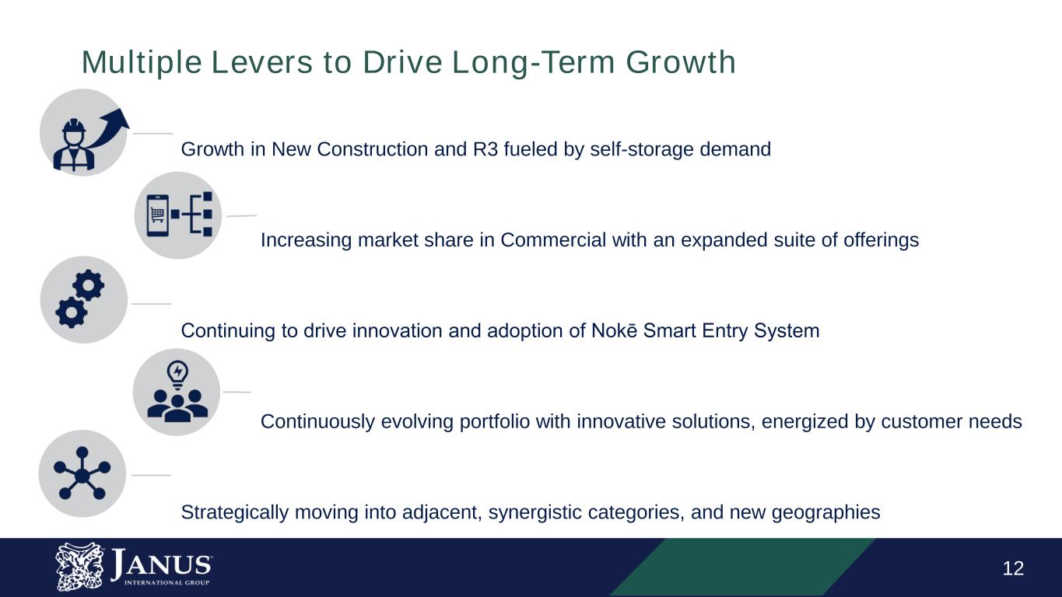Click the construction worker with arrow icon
point(83,133)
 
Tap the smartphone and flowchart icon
point(178,215)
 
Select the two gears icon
point(83,300)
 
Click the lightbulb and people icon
point(177,392)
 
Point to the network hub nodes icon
point(82,473)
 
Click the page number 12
point(1013,569)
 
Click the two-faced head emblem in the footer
point(79,566)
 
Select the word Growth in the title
point(680,62)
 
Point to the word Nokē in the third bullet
point(615,331)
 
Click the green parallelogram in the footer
point(739,567)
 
